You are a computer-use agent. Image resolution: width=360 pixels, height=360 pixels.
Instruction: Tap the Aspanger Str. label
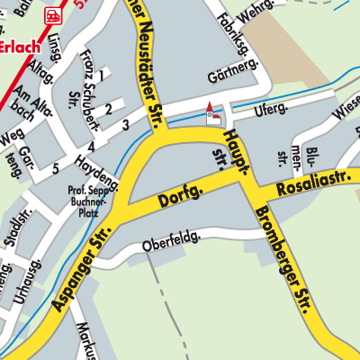click(x=81, y=269)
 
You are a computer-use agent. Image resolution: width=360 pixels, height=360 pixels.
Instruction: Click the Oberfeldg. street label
click(x=179, y=241)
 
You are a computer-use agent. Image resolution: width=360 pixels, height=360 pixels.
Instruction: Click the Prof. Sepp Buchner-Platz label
click(x=87, y=199)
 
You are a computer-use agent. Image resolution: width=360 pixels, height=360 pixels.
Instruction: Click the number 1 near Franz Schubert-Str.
click(x=102, y=76)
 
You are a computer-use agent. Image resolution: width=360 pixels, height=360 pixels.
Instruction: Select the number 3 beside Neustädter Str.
click(x=126, y=124)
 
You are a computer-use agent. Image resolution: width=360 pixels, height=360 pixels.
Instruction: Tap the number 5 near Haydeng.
click(x=56, y=167)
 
